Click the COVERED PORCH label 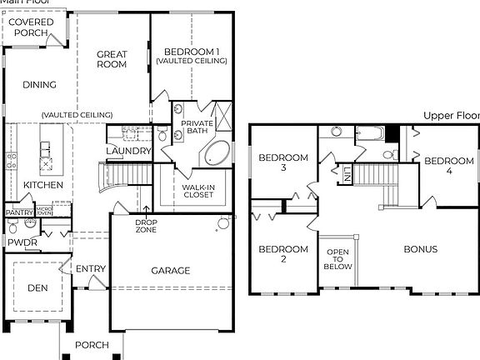coord(32,27)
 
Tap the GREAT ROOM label coord(112,60)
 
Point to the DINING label coord(40,84)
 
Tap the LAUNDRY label coord(128,151)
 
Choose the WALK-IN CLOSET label coord(197,191)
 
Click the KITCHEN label coord(42,184)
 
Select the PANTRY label coord(19,212)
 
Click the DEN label coord(37,287)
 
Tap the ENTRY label coord(90,269)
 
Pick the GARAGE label coord(171,270)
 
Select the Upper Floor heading coord(451,116)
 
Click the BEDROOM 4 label coord(449,166)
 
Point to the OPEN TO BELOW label coord(337,259)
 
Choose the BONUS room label coord(421,248)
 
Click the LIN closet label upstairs coord(347,174)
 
